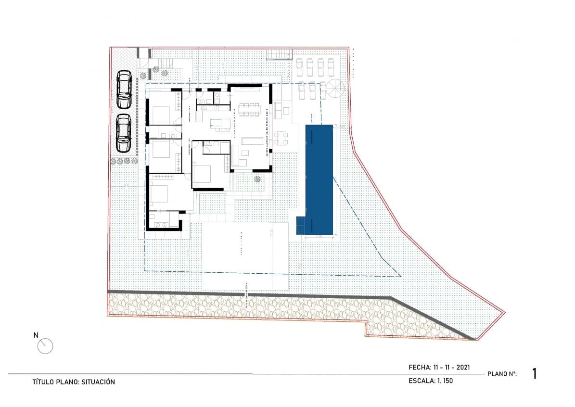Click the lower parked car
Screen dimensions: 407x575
pos(124,132)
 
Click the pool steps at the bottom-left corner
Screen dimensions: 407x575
pos(300,225)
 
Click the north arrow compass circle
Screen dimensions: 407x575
pos(45,346)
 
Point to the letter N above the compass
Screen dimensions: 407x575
pos(36,335)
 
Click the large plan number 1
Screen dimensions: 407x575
pos(535,374)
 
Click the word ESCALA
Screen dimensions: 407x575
pos(421,381)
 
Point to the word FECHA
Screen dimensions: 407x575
pos(420,367)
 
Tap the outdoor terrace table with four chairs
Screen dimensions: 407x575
pos(281,139)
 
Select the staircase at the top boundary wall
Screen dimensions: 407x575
pos(280,54)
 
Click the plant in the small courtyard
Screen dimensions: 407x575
pos(258,179)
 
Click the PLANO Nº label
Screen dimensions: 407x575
pos(502,374)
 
